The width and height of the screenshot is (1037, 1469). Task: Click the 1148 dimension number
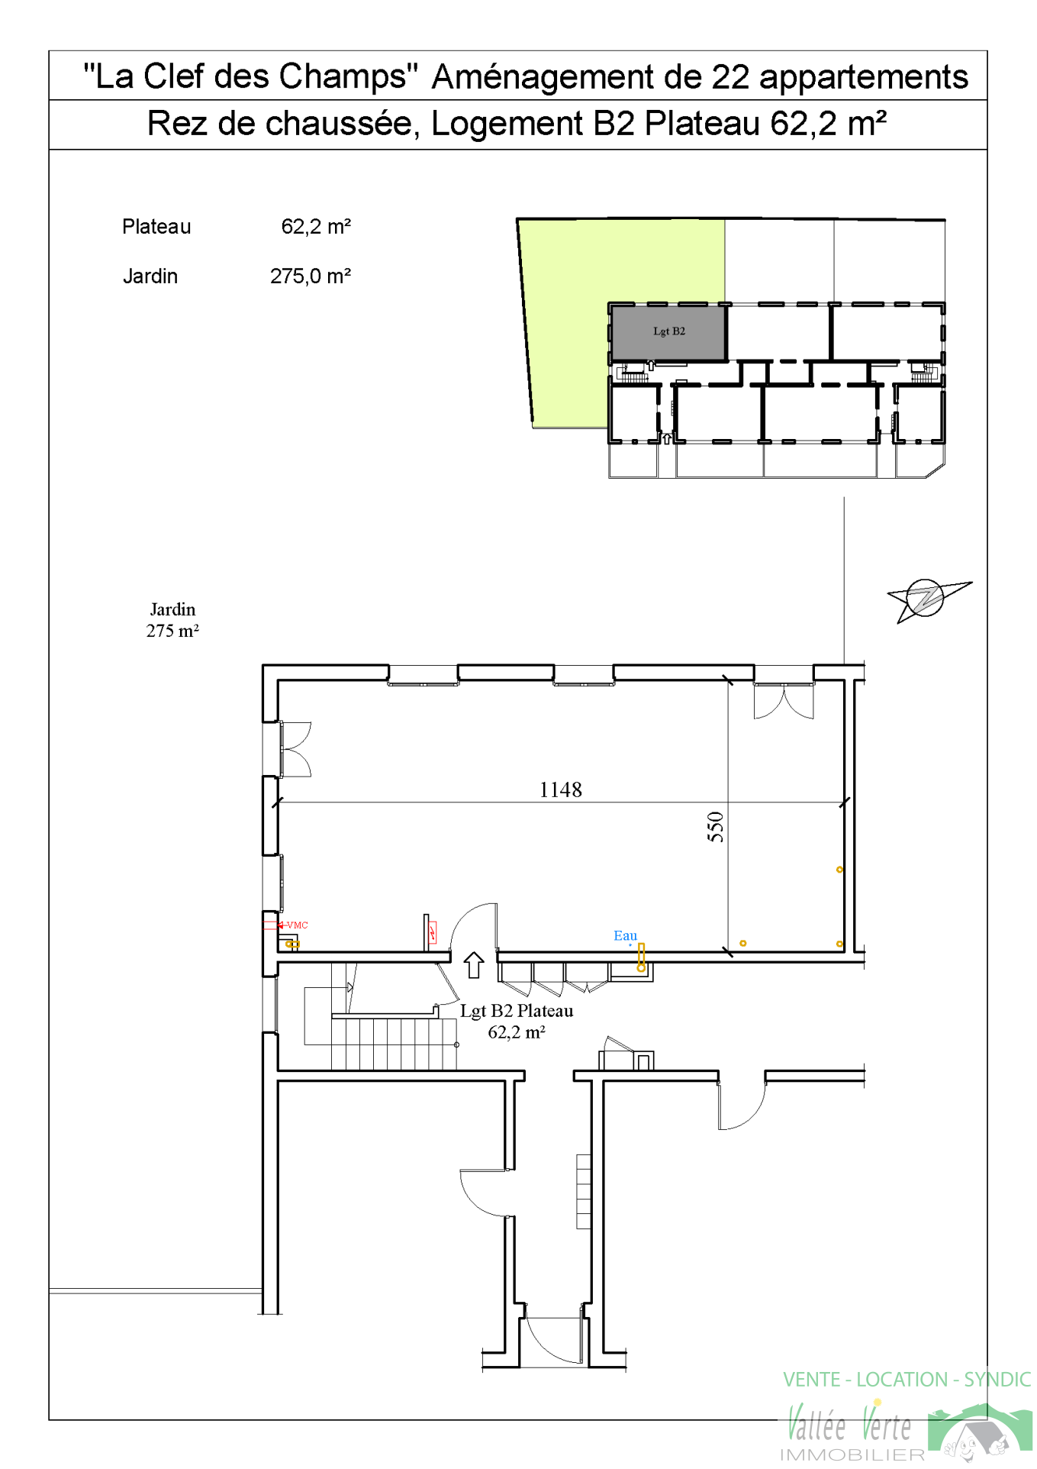(x=560, y=789)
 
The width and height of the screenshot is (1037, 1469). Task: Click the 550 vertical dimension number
(x=715, y=827)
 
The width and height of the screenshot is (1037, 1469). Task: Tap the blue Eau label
(x=625, y=935)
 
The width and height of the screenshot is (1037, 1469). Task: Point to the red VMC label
(x=297, y=925)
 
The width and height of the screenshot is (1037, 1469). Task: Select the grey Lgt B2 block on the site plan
(x=668, y=332)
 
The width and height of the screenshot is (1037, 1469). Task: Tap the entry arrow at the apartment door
(x=474, y=965)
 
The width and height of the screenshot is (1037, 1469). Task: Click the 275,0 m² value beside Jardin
(x=310, y=276)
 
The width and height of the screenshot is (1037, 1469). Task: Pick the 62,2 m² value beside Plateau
(x=316, y=227)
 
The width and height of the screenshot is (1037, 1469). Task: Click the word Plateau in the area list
(x=156, y=227)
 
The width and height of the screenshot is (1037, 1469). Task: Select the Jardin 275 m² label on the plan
(x=172, y=620)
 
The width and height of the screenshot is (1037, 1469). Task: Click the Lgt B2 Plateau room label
(x=517, y=1022)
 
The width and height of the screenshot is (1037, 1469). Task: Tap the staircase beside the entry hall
(x=394, y=1043)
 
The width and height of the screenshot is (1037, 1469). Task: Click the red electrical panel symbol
(x=433, y=932)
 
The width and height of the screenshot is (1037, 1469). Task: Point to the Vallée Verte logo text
(x=849, y=1425)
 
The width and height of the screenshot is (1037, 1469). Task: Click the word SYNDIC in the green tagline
(x=997, y=1380)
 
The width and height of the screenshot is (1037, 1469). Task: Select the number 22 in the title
(x=730, y=77)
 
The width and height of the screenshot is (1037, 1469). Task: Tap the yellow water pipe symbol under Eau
(x=641, y=957)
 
